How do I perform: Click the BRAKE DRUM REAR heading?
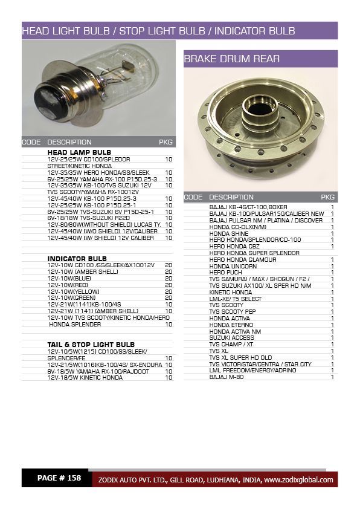click(223, 59)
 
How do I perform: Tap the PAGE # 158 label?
click(59, 478)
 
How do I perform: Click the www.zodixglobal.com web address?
click(298, 480)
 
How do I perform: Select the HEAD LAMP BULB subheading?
click(79, 152)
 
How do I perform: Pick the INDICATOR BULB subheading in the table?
click(77, 258)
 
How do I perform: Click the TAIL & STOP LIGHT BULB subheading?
click(91, 345)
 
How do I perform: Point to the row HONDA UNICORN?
click(233, 266)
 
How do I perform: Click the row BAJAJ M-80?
click(227, 377)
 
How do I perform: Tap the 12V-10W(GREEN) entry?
click(72, 297)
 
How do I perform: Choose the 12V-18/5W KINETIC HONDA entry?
click(85, 378)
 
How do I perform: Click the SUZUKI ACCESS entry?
click(232, 337)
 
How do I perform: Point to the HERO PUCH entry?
click(225, 272)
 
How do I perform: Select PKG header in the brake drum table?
click(328, 197)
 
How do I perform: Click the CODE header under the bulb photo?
click(31, 143)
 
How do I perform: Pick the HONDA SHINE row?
click(229, 233)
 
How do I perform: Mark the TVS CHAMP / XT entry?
click(231, 344)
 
